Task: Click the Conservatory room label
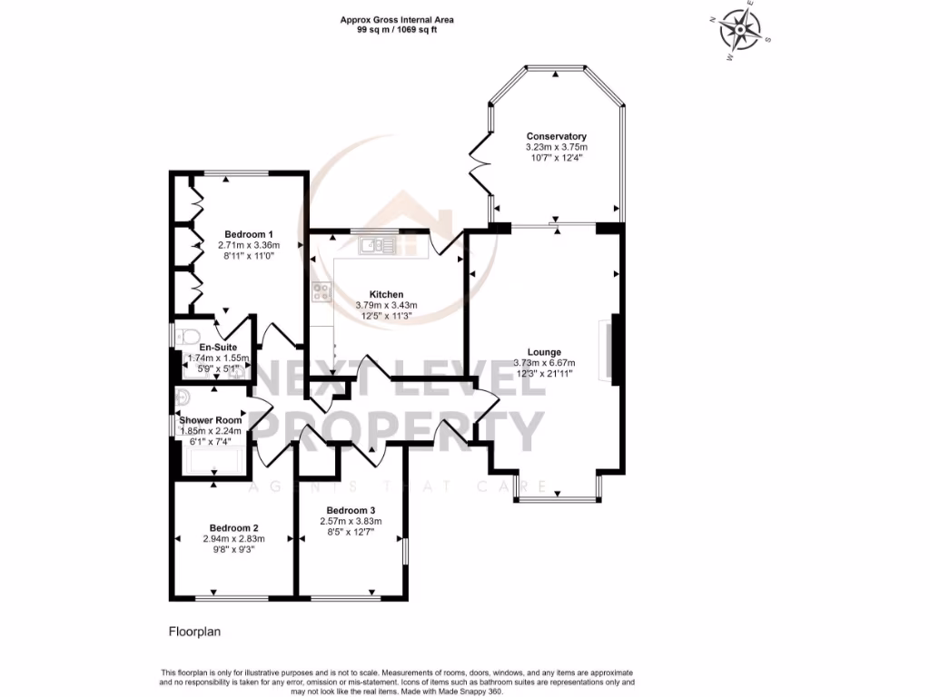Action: [x=556, y=136]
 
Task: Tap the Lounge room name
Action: [x=544, y=352]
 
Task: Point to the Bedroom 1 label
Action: [x=249, y=234]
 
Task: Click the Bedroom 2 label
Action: [x=234, y=528]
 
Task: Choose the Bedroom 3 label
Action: [x=351, y=510]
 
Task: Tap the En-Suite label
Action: [x=218, y=347]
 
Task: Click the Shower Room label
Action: [x=211, y=420]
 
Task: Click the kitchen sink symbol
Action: [x=373, y=243]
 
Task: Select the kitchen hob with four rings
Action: [x=322, y=291]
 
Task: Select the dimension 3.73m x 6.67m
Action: [x=544, y=363]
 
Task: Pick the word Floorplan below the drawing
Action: [x=195, y=630]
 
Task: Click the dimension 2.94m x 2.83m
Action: [x=234, y=539]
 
